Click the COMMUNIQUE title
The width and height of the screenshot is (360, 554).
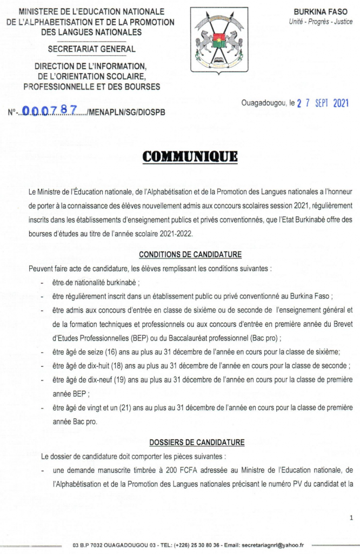[x=190, y=157]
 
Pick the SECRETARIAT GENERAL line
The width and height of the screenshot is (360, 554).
[x=92, y=49]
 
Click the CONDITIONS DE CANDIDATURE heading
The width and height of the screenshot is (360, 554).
[x=190, y=254]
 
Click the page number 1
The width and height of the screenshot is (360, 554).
[x=351, y=518]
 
